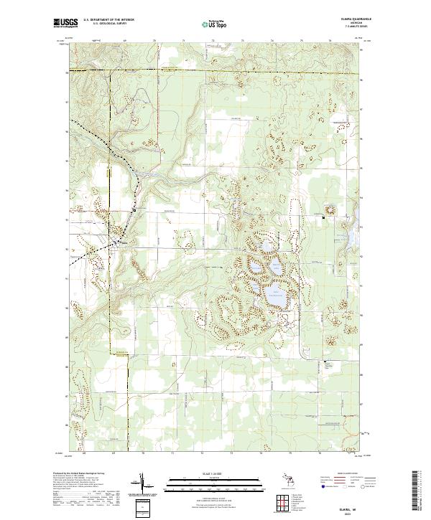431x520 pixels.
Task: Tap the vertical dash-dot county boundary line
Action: click(110, 108)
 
